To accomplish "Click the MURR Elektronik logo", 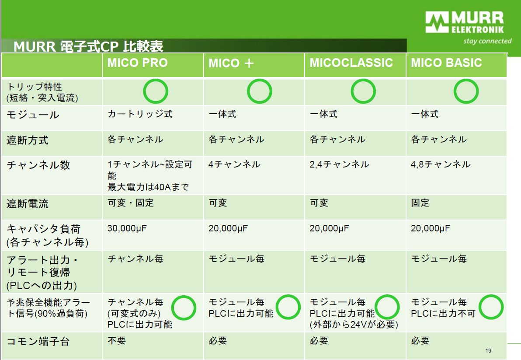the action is coord(465,22).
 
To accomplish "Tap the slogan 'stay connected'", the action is coord(487,41).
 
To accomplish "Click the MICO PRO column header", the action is coord(138,63).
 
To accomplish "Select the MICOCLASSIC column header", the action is coord(351,63).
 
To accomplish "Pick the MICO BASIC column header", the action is coord(446,63).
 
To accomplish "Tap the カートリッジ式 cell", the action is coord(140,114).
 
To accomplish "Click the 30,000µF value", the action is coord(127,228).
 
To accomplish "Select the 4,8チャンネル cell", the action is coord(441,164).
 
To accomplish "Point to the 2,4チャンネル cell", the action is coord(339,164).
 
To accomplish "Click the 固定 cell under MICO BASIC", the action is coord(420,203).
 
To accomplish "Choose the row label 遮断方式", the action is coord(28,140).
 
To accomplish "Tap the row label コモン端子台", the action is coord(38,341).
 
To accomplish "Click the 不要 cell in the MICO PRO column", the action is coord(117,341).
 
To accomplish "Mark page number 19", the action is coord(488,351).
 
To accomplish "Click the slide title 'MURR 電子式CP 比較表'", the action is coord(88,46).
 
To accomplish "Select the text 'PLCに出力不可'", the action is coord(443,314).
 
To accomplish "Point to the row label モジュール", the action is coord(33,115).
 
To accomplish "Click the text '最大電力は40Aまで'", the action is coord(148,187).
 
